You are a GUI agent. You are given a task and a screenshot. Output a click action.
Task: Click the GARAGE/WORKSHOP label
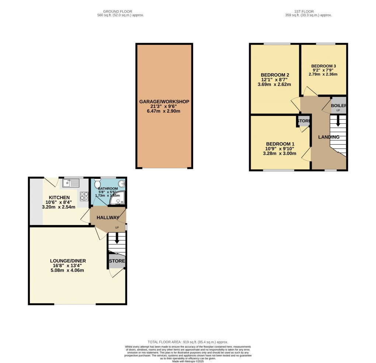164,102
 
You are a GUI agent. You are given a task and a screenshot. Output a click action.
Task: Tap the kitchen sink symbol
71,182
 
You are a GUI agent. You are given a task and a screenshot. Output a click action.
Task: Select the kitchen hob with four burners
84,196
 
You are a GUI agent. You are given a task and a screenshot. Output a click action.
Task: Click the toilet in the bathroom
97,183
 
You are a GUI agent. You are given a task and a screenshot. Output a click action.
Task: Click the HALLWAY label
108,218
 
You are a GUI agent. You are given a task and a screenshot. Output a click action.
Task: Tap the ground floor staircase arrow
117,239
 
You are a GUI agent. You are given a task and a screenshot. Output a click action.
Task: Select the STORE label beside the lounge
116,261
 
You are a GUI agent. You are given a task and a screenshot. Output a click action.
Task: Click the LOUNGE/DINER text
68,261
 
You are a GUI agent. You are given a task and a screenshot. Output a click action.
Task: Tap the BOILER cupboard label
338,105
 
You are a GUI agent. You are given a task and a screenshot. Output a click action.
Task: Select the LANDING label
329,137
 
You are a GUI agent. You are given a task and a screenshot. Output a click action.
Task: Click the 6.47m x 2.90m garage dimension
164,111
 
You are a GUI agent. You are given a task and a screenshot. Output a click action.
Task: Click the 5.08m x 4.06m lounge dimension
68,270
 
